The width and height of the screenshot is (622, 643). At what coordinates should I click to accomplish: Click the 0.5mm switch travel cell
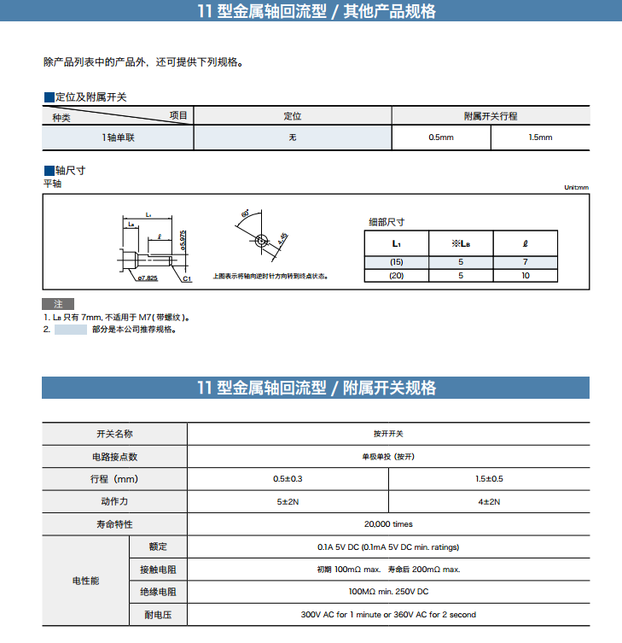tap(441, 137)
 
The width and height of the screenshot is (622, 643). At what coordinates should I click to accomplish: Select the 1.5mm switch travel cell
tap(540, 137)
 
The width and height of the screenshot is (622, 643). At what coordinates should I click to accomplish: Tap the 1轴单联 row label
tap(119, 137)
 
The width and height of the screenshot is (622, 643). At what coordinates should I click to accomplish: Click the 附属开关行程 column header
tap(491, 116)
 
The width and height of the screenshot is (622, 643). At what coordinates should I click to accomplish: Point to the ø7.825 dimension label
tap(148, 278)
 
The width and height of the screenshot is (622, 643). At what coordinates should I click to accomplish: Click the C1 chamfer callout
tap(187, 278)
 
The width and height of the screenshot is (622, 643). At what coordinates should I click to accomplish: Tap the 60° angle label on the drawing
tap(246, 213)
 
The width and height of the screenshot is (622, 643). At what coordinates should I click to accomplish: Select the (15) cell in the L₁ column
tap(396, 261)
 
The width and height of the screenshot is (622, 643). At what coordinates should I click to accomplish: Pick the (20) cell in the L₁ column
tap(396, 275)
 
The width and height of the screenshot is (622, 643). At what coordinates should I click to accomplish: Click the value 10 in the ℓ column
tap(526, 275)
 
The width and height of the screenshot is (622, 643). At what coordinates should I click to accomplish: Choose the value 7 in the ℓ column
tap(526, 261)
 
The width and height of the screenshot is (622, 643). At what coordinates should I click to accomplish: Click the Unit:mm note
tap(576, 188)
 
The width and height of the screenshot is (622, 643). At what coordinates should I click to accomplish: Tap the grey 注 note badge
tap(58, 304)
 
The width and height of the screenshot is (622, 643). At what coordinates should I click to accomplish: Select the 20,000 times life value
tap(388, 524)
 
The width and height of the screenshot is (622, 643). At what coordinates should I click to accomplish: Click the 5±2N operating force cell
tap(288, 502)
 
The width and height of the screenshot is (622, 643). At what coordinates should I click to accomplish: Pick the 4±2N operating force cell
tap(489, 502)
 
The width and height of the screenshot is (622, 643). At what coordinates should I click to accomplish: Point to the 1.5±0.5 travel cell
tap(489, 479)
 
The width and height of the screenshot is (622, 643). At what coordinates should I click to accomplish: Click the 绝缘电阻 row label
tap(158, 592)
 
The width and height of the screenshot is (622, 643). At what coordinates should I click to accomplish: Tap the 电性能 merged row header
tap(85, 581)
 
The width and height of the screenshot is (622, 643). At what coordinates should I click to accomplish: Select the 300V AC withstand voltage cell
tap(388, 615)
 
